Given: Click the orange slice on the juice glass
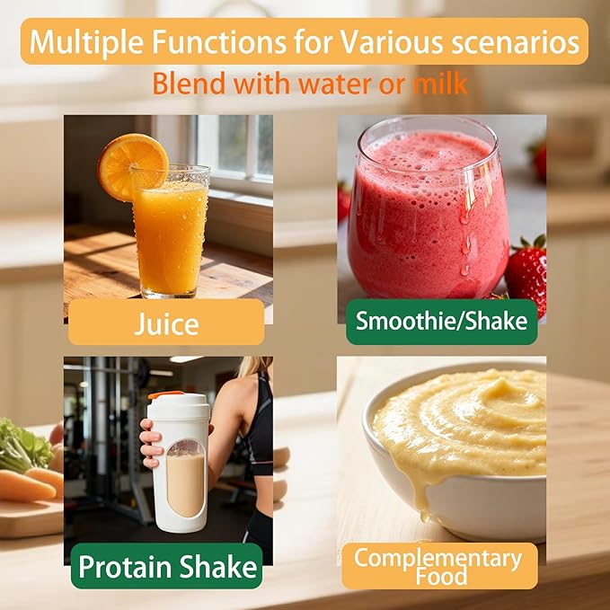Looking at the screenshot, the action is (133, 167).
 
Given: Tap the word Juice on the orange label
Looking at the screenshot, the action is (166, 323).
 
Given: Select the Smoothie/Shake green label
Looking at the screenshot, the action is (441, 322).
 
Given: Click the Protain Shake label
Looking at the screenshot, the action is (167, 566).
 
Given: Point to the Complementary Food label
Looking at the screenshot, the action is (439, 566).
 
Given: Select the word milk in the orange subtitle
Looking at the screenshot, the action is (440, 84).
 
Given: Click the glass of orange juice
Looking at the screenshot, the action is (171, 232).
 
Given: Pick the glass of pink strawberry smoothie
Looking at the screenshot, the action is (428, 208).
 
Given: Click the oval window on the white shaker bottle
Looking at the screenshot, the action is (186, 479).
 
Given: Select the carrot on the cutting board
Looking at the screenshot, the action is (26, 486).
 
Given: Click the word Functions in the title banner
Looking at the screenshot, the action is (219, 42).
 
